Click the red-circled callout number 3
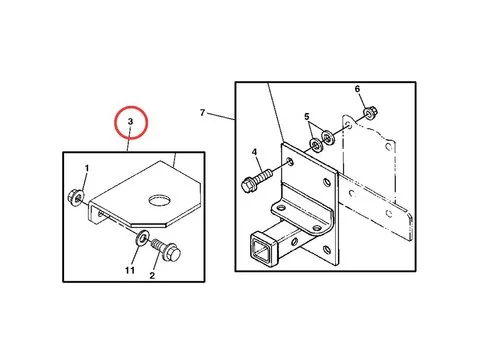coord(130,122)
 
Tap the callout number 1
coord(87,169)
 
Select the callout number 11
coord(130,270)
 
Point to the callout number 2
coord(152,276)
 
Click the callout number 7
coord(202,113)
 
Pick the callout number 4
coord(255,152)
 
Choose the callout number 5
coord(307,117)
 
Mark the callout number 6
coord(357,89)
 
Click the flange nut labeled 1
coord(75,197)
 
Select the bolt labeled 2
coord(167,251)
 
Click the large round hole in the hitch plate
coord(160,201)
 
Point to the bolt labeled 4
coord(257,180)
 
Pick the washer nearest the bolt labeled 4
coord(315,144)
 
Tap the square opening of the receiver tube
coord(262,250)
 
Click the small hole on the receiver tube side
coord(294,241)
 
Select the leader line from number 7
coord(221,116)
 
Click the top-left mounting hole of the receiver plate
coord(290,162)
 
